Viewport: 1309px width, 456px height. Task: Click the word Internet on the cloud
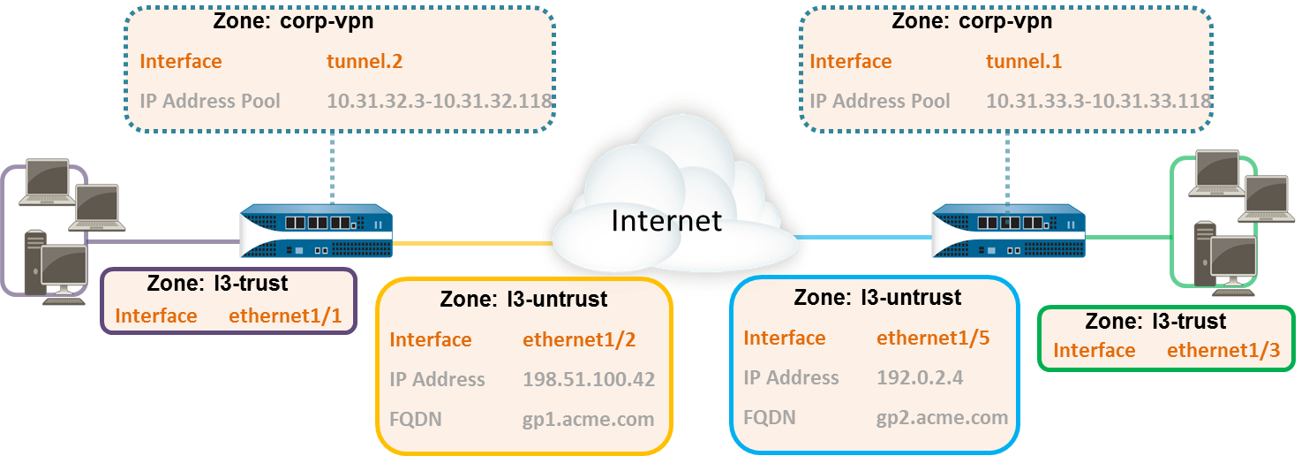[x=666, y=219]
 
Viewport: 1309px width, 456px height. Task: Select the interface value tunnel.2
[x=365, y=61]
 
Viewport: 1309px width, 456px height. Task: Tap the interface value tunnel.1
[x=1023, y=61]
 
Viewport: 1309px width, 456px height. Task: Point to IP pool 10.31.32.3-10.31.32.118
[x=440, y=101]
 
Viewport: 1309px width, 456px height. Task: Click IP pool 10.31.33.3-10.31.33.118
[x=1098, y=101]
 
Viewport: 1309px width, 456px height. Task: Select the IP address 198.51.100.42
[x=589, y=379]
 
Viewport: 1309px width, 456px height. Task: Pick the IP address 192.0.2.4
[x=920, y=377]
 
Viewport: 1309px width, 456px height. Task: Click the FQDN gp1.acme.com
[x=589, y=419]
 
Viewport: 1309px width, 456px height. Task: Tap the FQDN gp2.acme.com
[x=942, y=417]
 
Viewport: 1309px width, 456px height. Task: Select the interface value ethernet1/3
[x=1223, y=350]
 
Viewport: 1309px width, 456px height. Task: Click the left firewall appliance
[x=315, y=232]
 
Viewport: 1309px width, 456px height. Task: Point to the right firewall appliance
[x=1007, y=232]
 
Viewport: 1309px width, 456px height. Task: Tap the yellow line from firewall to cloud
[x=472, y=242]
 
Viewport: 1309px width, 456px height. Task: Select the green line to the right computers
[x=1130, y=237]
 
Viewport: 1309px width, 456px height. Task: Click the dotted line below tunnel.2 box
[x=333, y=168]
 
